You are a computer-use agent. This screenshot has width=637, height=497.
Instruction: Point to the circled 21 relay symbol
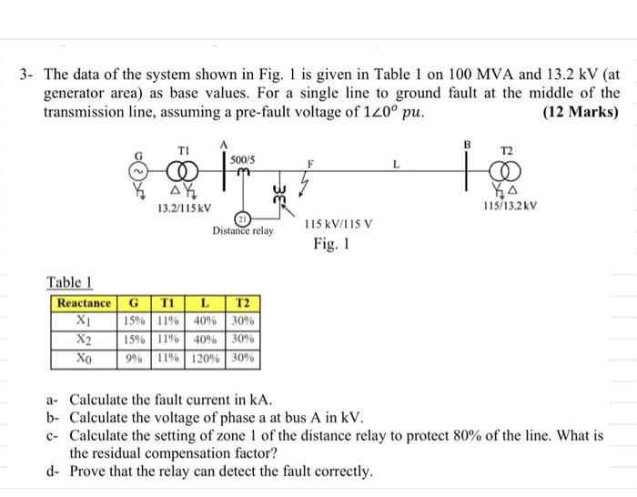[242, 219]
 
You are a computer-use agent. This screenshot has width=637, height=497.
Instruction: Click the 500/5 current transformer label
[243, 158]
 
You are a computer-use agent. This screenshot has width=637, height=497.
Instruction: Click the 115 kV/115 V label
[336, 223]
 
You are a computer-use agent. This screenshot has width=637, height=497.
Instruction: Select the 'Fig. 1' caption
[331, 245]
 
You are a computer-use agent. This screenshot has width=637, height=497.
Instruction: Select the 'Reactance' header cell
[84, 303]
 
